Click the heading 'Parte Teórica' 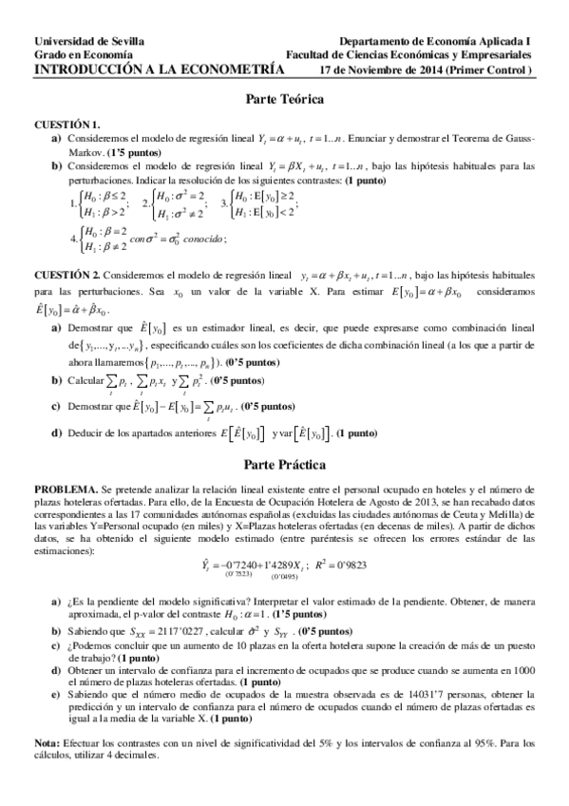coord(285,99)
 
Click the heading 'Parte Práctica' coord(285,465)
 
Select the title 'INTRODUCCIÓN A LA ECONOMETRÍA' coord(159,68)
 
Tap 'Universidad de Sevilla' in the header coord(89,42)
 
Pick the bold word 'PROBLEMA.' coord(66,486)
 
